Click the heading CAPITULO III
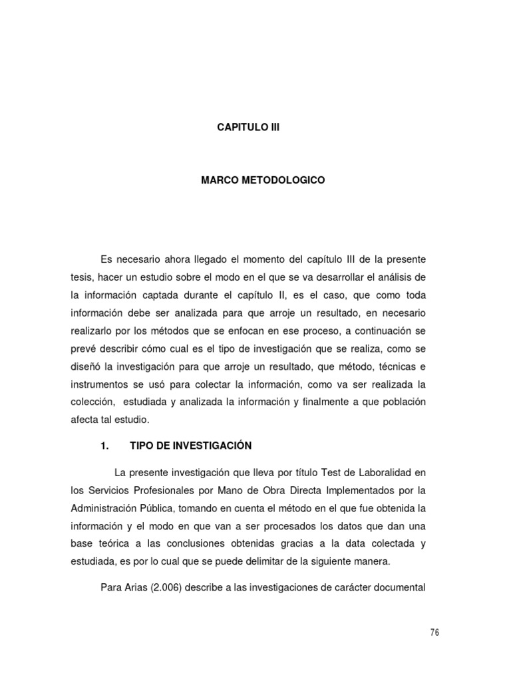click(249, 127)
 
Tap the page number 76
click(434, 632)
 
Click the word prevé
click(83, 347)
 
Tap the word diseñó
click(85, 365)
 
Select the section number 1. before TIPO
click(104, 446)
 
